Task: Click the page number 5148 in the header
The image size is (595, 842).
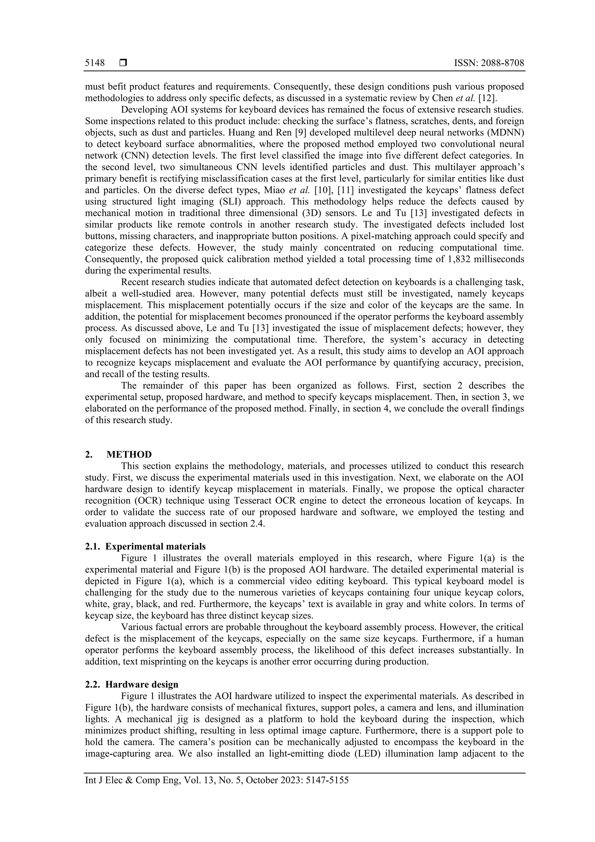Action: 95,63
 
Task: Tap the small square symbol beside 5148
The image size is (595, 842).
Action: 123,63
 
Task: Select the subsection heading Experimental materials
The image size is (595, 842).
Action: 155,546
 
